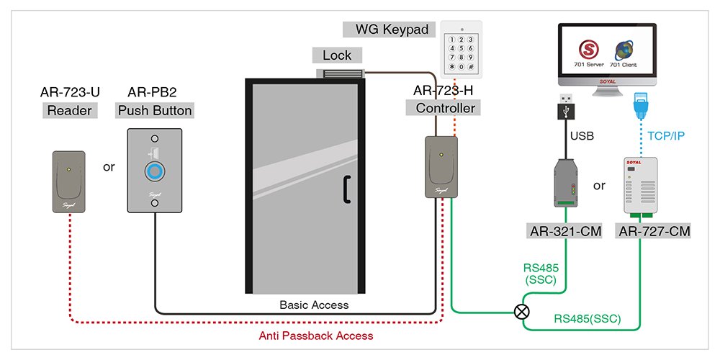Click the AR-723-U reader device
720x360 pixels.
pyautogui.click(x=68, y=181)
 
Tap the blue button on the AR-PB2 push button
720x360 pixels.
pyautogui.click(x=154, y=171)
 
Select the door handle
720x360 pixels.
pyautogui.click(x=346, y=189)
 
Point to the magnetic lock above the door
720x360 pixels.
pyautogui.click(x=344, y=73)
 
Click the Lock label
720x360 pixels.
pyautogui.click(x=337, y=55)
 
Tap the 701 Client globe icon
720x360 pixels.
pyautogui.click(x=623, y=52)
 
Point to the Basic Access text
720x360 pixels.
pyautogui.click(x=314, y=305)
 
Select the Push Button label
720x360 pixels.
pyautogui.click(x=155, y=110)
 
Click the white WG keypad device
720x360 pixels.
pyautogui.click(x=462, y=49)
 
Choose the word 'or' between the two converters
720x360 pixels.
pyautogui.click(x=599, y=186)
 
